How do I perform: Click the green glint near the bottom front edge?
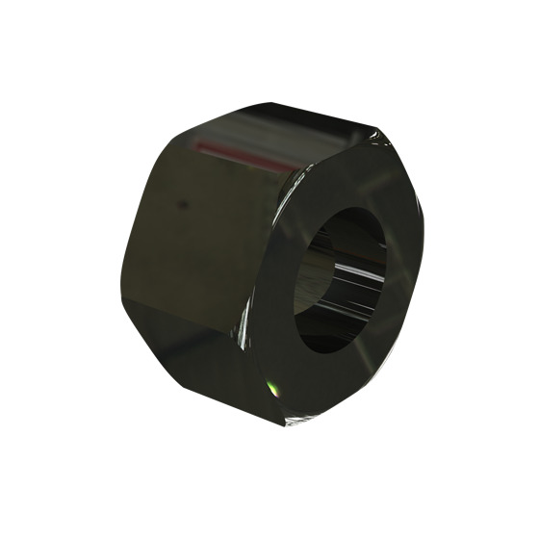[272, 388]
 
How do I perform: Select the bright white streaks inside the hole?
[361, 279]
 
